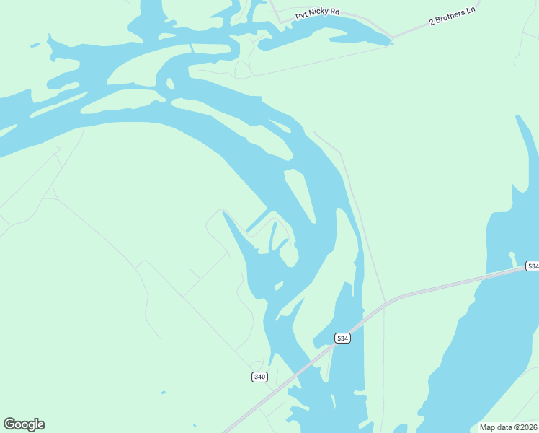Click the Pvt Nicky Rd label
318,14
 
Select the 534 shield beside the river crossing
342,338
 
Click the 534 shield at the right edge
532,266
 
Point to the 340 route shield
260,377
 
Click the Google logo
24,424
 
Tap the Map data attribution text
508,427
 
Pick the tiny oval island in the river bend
170,84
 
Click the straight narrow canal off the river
257,221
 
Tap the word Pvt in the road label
302,17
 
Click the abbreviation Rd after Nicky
334,12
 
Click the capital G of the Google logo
9,424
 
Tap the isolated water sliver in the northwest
35,45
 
